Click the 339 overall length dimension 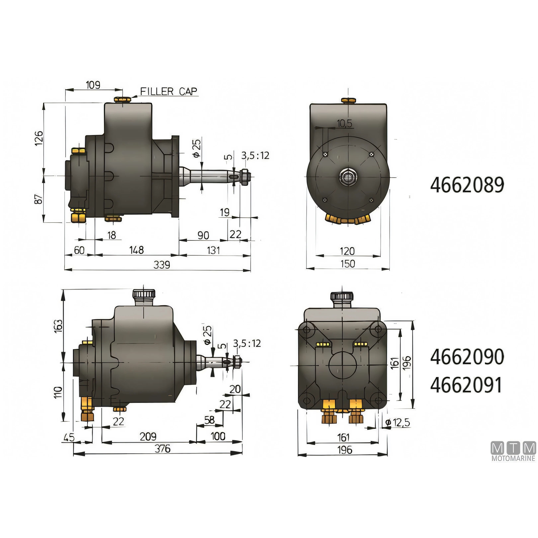pyautogui.click(x=162, y=265)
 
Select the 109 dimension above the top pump pyautogui.click(x=93, y=85)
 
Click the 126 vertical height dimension pyautogui.click(x=39, y=138)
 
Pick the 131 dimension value pyautogui.click(x=213, y=250)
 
